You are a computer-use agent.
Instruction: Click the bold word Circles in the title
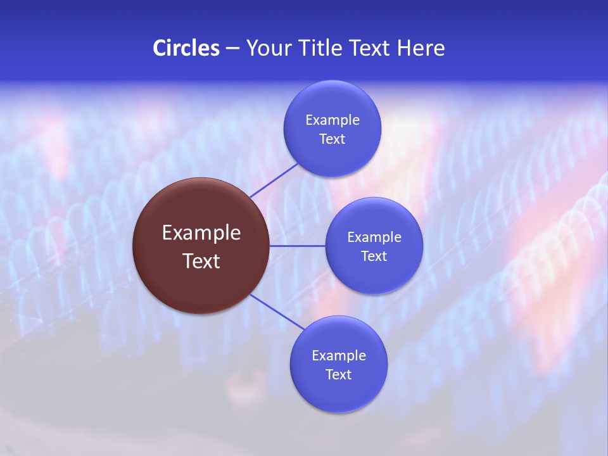pos(186,48)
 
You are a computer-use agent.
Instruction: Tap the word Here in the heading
pos(421,48)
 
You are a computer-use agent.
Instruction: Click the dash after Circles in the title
pos(232,49)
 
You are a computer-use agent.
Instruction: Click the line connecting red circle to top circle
pos(274,180)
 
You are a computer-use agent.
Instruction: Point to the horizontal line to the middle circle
pos(298,246)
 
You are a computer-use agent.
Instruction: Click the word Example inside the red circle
pos(201,233)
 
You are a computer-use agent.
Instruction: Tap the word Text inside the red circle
pos(201,261)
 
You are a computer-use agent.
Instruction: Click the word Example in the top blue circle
pos(332,120)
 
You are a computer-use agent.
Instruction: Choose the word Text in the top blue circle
pos(332,139)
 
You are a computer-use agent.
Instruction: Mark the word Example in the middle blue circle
pos(374,237)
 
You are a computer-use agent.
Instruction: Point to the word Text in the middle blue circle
pos(374,256)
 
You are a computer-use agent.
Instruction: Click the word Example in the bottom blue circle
pos(338,355)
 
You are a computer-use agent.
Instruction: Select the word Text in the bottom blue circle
pos(338,374)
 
